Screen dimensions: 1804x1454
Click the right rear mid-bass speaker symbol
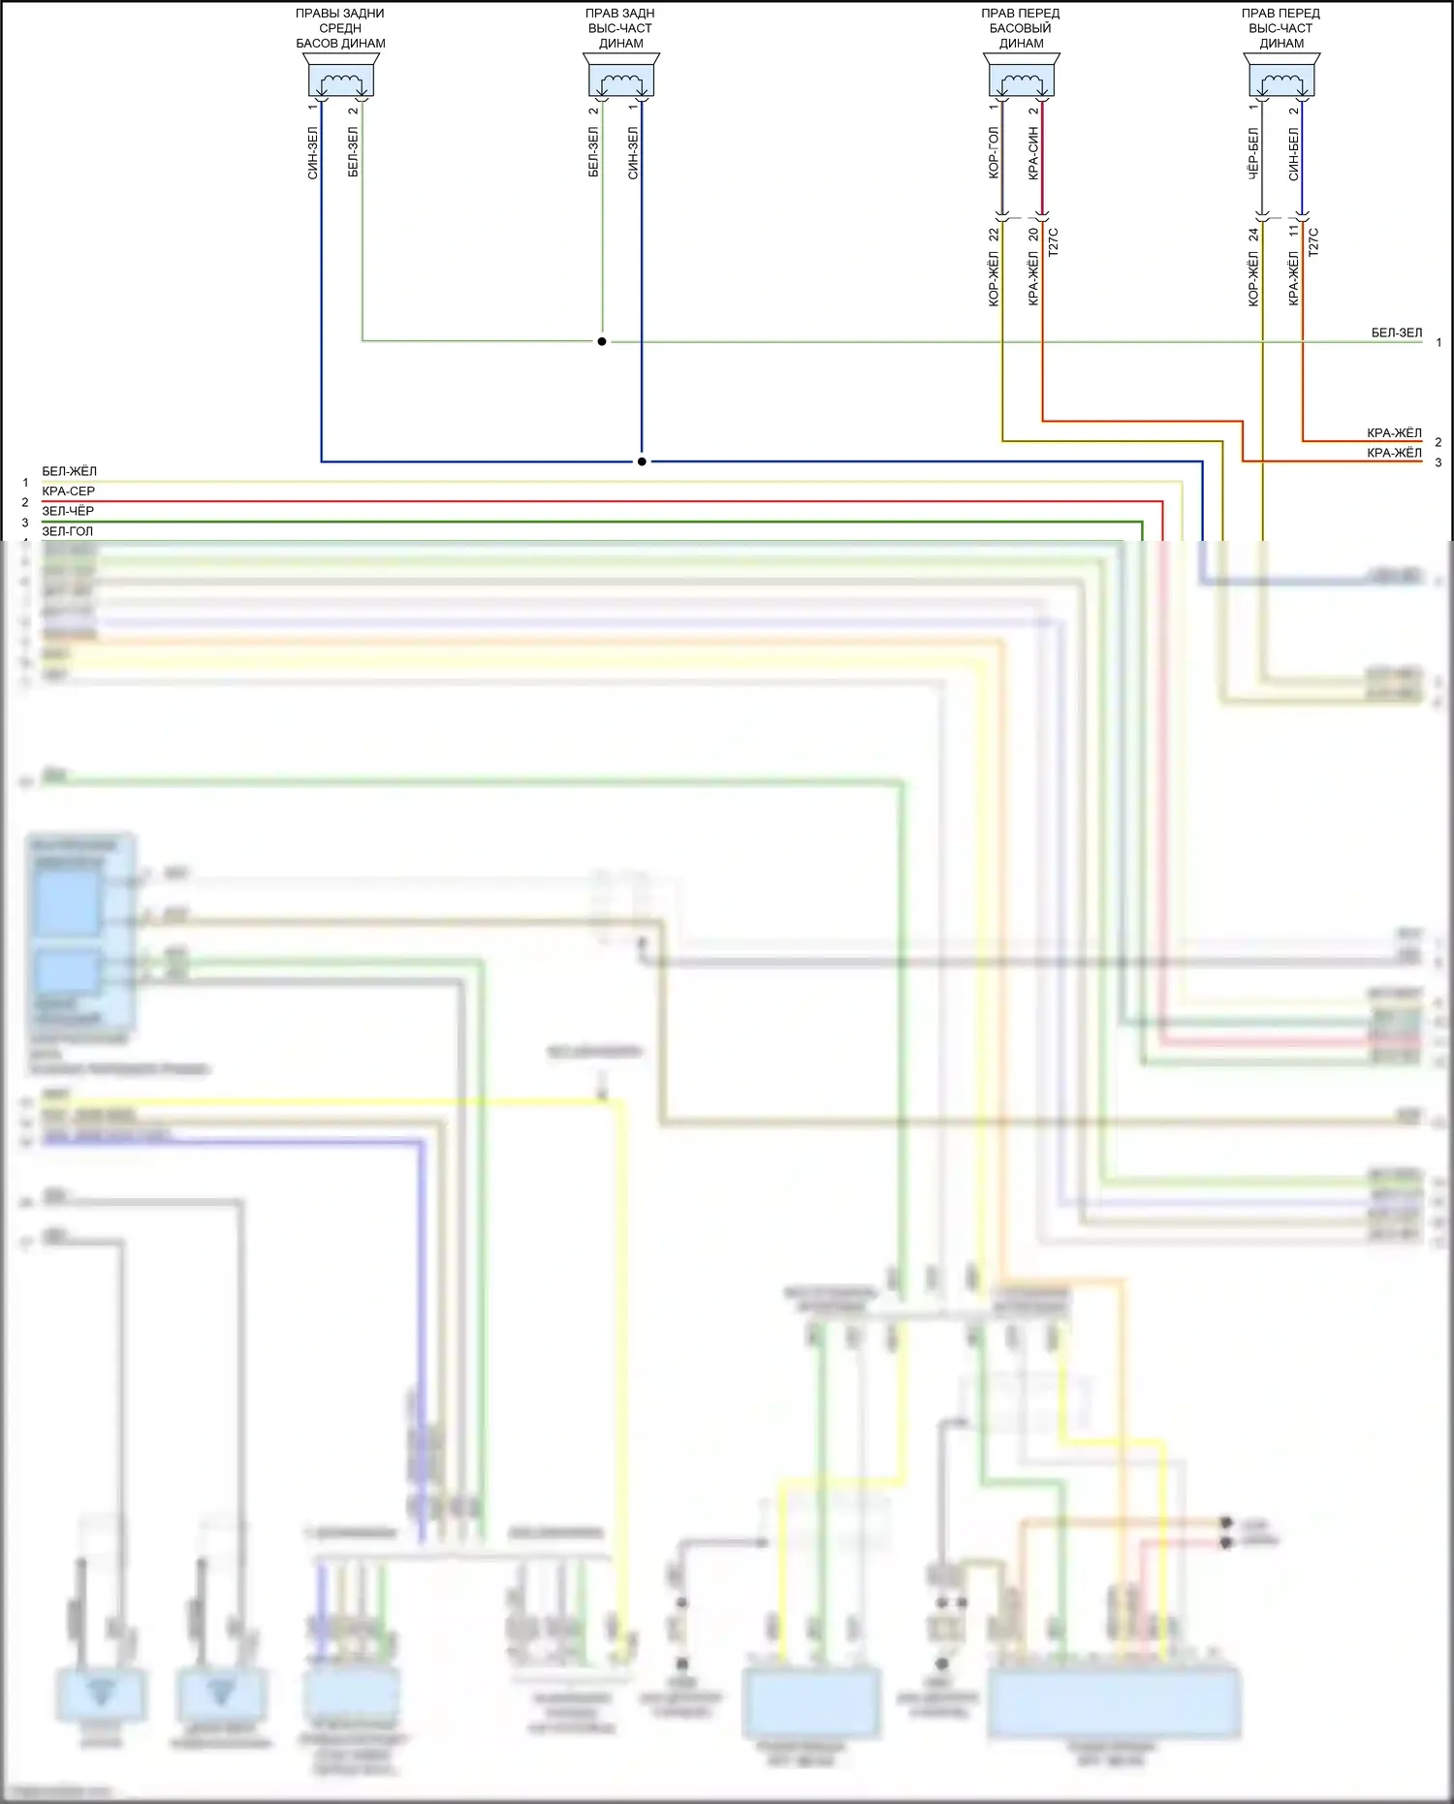[340, 77]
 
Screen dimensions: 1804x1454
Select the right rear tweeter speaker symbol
[620, 77]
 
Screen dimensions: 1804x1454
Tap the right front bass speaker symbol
[1022, 77]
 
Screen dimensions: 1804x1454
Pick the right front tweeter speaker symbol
[1281, 77]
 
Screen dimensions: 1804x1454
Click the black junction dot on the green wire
[602, 341]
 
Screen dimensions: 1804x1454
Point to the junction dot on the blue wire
[642, 461]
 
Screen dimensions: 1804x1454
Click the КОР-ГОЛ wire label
[993, 153]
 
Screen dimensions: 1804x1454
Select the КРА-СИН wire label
[1033, 153]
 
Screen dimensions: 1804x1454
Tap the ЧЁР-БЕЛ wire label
[1253, 153]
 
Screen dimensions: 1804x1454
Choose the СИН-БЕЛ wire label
[1294, 153]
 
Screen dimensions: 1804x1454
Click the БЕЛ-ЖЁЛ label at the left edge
[69, 471]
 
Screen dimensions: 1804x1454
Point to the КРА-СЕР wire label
[68, 491]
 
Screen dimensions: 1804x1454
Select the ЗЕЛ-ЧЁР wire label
[68, 511]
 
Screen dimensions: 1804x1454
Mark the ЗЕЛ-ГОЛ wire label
[68, 531]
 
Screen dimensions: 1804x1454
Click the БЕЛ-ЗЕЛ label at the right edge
[1397, 332]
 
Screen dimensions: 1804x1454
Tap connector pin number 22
[994, 235]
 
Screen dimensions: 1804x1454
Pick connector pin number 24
[1254, 235]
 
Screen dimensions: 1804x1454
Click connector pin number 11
[1294, 232]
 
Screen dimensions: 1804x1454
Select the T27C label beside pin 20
[1054, 241]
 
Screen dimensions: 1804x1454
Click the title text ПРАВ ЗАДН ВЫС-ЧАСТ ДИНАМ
[620, 28]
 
